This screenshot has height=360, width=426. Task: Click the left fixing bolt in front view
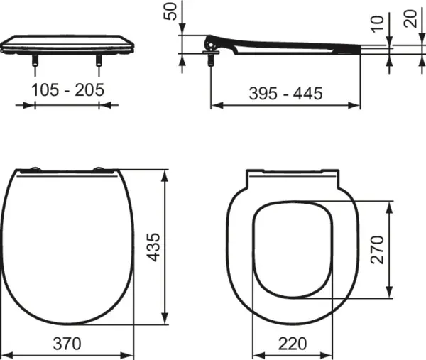34,65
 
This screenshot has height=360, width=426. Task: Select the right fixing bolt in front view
98,65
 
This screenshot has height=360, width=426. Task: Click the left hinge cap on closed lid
33,170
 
